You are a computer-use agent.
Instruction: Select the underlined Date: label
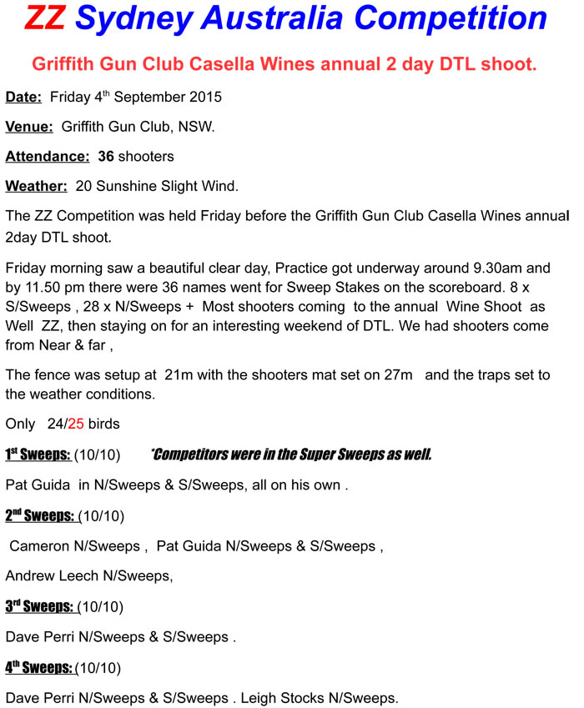pyautogui.click(x=23, y=97)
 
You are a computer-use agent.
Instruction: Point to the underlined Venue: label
pyautogui.click(x=29, y=128)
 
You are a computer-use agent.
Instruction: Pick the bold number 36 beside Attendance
pyautogui.click(x=106, y=157)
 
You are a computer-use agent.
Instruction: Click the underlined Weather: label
pyautogui.click(x=36, y=186)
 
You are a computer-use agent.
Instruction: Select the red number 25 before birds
pyautogui.click(x=76, y=424)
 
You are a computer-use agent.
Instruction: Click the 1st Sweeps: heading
pyautogui.click(x=38, y=454)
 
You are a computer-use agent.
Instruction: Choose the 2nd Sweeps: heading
pyautogui.click(x=40, y=515)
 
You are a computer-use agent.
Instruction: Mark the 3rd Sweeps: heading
pyautogui.click(x=40, y=606)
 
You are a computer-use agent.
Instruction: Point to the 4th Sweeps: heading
pyautogui.click(x=39, y=667)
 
